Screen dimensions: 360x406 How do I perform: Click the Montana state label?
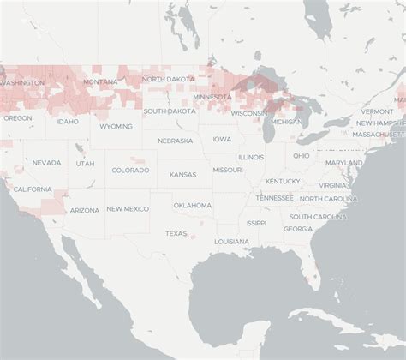(100, 81)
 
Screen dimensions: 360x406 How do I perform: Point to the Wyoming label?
(116, 126)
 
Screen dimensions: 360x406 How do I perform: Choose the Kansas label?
(182, 174)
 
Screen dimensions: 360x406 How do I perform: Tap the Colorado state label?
(130, 170)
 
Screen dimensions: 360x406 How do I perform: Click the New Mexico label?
(127, 208)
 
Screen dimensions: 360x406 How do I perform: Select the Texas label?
(176, 233)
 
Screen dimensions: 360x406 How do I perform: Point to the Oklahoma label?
(192, 205)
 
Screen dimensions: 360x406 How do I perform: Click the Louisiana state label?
(232, 241)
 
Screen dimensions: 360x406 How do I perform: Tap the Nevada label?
(47, 162)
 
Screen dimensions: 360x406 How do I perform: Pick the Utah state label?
(85, 163)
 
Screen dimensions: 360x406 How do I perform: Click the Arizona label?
(85, 210)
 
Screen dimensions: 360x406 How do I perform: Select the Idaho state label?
(68, 122)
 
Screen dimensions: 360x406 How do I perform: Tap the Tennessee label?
(273, 197)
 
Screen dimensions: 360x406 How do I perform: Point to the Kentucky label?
(283, 181)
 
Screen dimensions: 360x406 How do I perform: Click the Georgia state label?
(298, 228)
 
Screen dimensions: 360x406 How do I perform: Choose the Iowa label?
(222, 139)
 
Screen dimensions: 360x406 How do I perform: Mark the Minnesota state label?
(212, 97)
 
